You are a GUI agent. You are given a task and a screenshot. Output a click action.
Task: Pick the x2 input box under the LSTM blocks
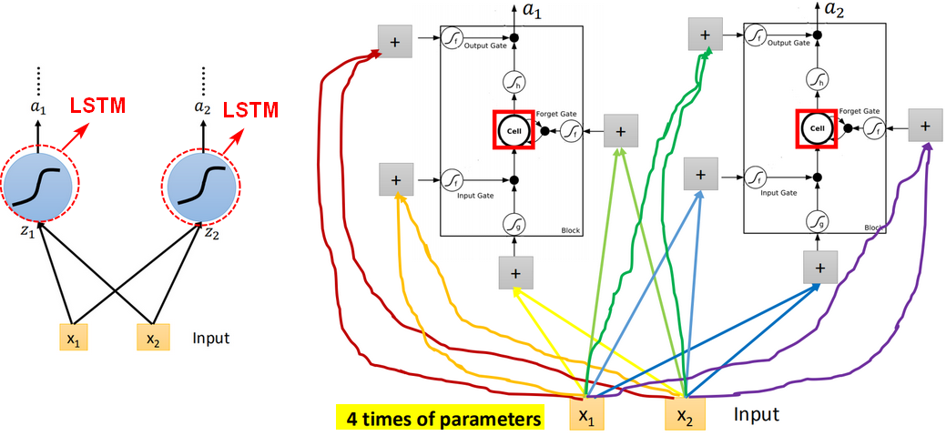(x=683, y=415)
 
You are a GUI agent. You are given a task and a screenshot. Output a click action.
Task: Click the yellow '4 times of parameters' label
(x=440, y=419)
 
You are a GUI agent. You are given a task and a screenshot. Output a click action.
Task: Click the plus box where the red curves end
(x=395, y=41)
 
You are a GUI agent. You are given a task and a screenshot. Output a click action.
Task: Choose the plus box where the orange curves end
(x=395, y=179)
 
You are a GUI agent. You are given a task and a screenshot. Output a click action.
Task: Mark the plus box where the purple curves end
(x=925, y=126)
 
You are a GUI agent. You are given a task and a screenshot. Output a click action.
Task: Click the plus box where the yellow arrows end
(x=515, y=271)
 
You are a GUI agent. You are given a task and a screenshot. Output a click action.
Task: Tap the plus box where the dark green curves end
(x=704, y=35)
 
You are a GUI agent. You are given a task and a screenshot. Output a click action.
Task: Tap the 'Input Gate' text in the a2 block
(x=778, y=193)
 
